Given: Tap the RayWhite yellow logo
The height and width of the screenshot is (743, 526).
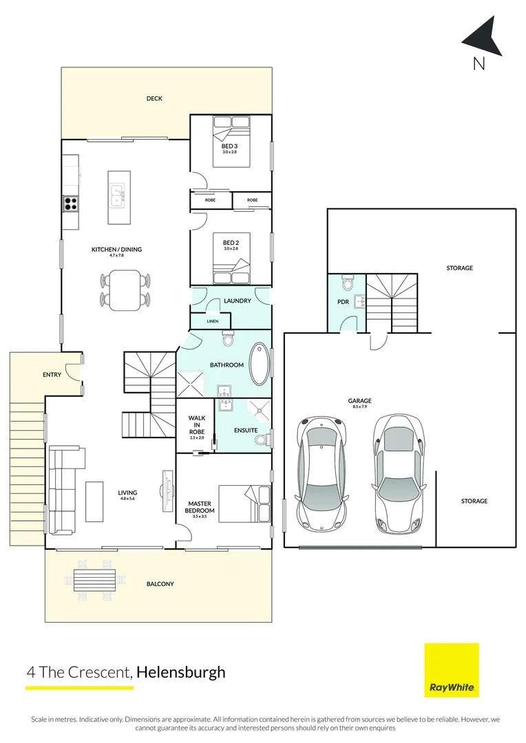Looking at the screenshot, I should (x=451, y=669).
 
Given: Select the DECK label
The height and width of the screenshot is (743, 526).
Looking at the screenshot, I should (x=154, y=98).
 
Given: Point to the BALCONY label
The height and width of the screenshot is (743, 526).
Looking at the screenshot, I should (x=160, y=584).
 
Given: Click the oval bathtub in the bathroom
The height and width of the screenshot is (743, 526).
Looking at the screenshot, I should (x=260, y=363).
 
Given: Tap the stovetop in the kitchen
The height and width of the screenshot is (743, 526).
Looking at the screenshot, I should (x=71, y=203).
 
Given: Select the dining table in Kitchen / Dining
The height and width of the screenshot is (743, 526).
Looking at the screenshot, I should (x=125, y=289).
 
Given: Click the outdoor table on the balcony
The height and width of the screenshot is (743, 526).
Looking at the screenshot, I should (x=94, y=579).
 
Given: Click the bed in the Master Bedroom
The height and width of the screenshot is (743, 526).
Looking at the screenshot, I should (x=244, y=504).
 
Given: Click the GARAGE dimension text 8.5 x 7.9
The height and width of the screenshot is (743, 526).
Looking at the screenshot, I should (x=359, y=407).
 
